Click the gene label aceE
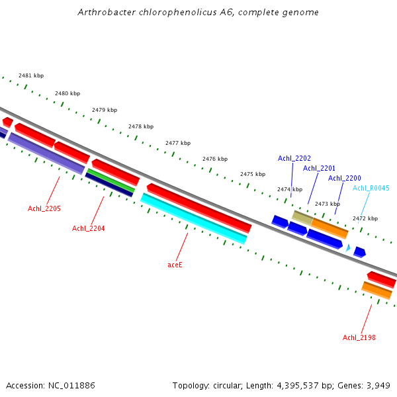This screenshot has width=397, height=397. (175, 265)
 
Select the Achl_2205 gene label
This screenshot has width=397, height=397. (44, 209)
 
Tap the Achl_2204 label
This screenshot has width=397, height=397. (88, 229)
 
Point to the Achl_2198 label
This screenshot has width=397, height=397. (359, 338)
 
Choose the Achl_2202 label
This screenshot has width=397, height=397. (294, 159)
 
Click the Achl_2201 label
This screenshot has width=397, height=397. (320, 168)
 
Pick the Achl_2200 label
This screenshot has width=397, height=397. (345, 179)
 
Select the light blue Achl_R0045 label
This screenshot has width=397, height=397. (371, 189)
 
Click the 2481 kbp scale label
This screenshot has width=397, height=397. (31, 76)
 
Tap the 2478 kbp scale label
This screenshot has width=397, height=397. (141, 126)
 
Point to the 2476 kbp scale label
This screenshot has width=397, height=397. (215, 159)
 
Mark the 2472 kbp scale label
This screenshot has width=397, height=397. (365, 218)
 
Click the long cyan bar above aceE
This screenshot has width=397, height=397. (194, 218)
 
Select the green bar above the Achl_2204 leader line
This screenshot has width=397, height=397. (111, 181)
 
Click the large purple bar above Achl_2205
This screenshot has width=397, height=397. (46, 154)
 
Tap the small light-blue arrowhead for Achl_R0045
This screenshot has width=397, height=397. (348, 247)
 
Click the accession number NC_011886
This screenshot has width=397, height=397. (71, 386)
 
